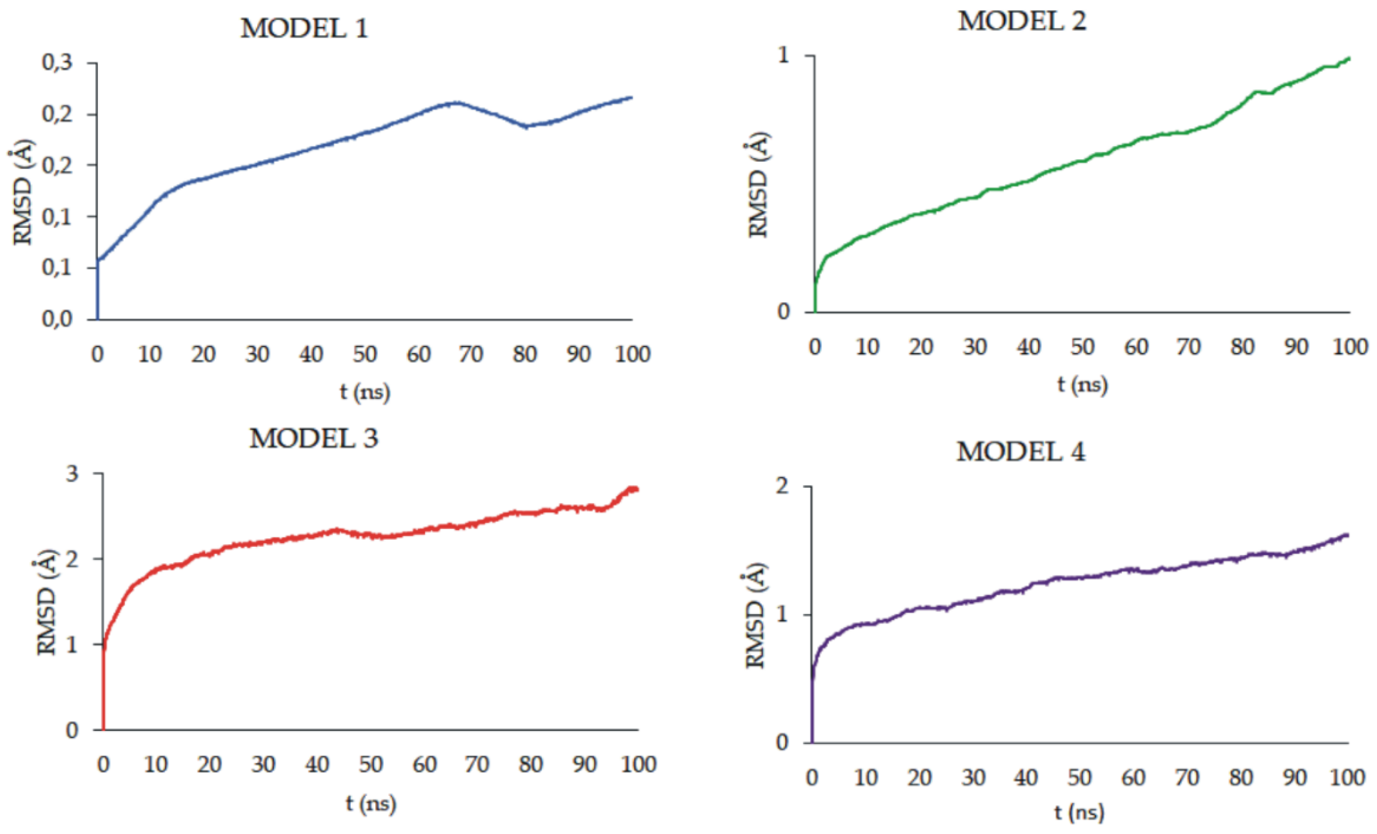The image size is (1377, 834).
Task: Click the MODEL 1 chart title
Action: coord(304,28)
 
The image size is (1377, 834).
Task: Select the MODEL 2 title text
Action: coord(1022,21)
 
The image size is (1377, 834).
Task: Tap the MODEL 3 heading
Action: coord(314,438)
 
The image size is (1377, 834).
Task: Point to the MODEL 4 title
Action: coord(1021,451)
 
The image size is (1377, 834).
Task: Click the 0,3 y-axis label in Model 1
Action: coord(57,62)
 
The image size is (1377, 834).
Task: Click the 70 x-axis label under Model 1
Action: coord(471,354)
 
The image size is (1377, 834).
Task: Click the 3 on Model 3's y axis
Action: coord(72,474)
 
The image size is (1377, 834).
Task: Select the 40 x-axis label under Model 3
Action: coord(317,764)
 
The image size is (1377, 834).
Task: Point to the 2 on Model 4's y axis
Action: coord(783,486)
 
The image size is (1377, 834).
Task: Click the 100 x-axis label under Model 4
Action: coord(1347,777)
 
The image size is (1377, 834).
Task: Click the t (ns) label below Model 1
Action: coord(365,392)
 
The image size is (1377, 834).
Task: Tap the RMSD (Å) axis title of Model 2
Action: coord(758,184)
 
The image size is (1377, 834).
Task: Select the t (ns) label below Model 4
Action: coord(1079,812)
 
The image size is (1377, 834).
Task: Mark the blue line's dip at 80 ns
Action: coord(526,126)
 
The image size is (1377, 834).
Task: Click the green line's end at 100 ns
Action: coord(1349,58)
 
